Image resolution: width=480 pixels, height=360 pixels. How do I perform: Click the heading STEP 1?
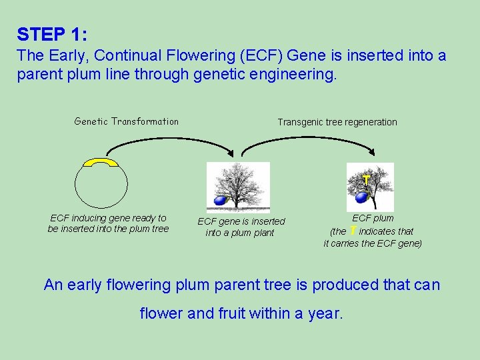point(52,34)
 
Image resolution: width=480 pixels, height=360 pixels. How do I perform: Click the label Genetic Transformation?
point(126,121)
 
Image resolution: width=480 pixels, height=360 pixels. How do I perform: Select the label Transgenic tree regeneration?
point(337,122)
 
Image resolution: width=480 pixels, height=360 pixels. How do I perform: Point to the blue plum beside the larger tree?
point(219,201)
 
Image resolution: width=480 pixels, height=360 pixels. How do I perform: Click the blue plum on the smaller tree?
point(362,197)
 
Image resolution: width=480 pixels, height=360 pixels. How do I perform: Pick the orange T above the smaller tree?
point(367,180)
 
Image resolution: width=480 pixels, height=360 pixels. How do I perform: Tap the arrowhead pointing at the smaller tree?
point(367,155)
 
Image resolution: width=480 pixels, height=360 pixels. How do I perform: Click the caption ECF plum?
point(373,218)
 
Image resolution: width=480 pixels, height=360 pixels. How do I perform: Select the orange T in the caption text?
point(352,231)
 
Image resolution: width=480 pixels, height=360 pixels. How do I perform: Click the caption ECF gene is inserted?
point(241,221)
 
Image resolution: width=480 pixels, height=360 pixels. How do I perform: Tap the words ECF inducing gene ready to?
point(108,218)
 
